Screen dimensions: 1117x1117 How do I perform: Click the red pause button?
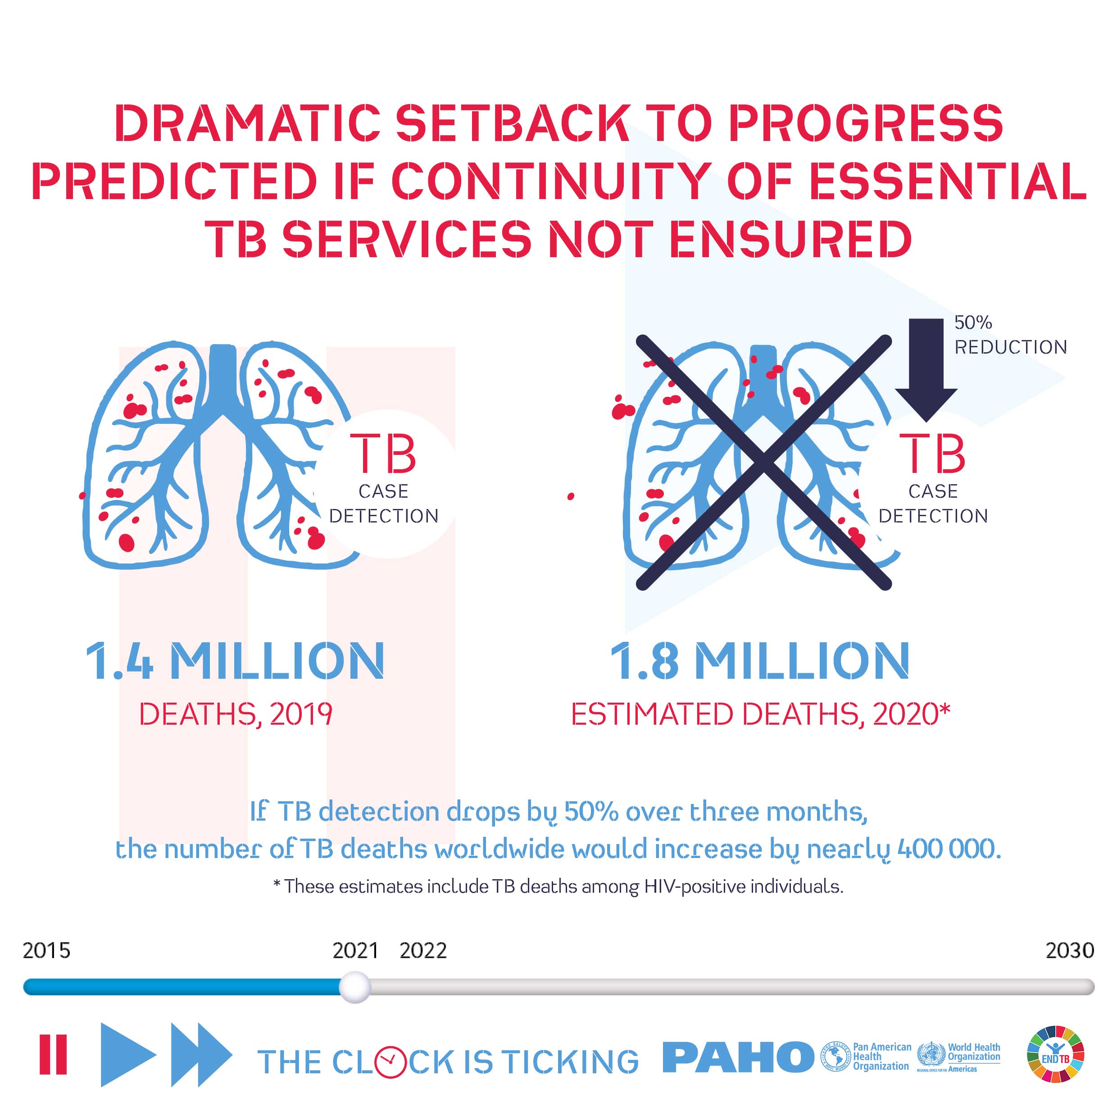53,1054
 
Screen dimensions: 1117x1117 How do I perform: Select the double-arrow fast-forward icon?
202,1054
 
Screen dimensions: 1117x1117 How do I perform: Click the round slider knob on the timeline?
354,987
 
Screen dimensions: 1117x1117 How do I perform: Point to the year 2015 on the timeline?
46,950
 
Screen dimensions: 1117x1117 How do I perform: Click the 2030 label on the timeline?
1070,950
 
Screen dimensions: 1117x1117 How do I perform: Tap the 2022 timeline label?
423,950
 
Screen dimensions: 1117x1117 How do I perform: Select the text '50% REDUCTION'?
1010,335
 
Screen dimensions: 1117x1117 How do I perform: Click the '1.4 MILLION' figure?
235,661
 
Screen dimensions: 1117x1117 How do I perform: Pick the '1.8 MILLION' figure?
760,661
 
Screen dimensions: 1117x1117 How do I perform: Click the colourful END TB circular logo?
1056,1054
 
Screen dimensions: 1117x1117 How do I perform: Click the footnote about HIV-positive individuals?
558,886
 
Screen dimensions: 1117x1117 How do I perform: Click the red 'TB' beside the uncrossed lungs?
383,454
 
